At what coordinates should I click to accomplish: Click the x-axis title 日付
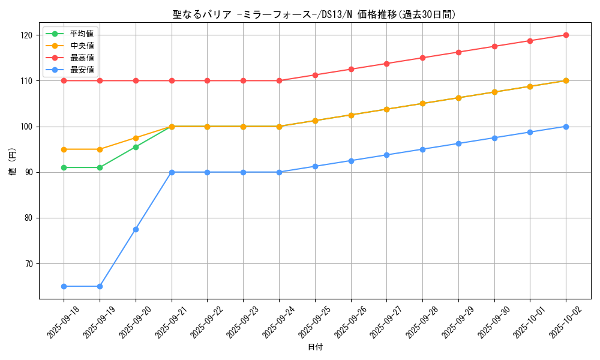click(x=315, y=347)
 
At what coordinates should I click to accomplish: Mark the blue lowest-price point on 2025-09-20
click(x=136, y=229)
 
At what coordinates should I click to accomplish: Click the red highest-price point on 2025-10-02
click(x=566, y=35)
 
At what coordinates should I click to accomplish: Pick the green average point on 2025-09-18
click(x=64, y=167)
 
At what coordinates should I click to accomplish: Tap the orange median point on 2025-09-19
click(x=100, y=149)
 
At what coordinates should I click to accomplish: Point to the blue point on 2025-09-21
click(x=172, y=172)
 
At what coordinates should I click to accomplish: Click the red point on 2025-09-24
click(x=279, y=80)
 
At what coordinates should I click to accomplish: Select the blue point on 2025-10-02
click(x=566, y=127)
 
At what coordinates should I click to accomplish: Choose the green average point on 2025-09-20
click(x=136, y=147)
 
